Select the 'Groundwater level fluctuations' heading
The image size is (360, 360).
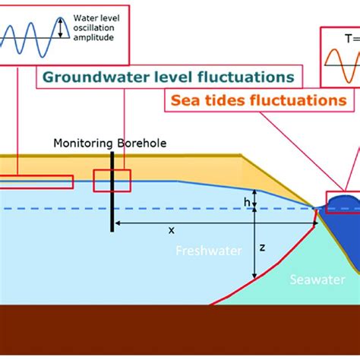pos(168,77)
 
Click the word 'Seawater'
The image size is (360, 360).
pos(311,279)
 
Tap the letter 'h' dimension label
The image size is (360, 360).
pos(247,201)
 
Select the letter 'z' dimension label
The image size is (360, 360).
pos(262,248)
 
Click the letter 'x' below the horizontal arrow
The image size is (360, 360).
pos(171,230)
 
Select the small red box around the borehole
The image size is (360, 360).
pos(112,181)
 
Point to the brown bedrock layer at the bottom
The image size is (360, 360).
pos(180,330)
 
